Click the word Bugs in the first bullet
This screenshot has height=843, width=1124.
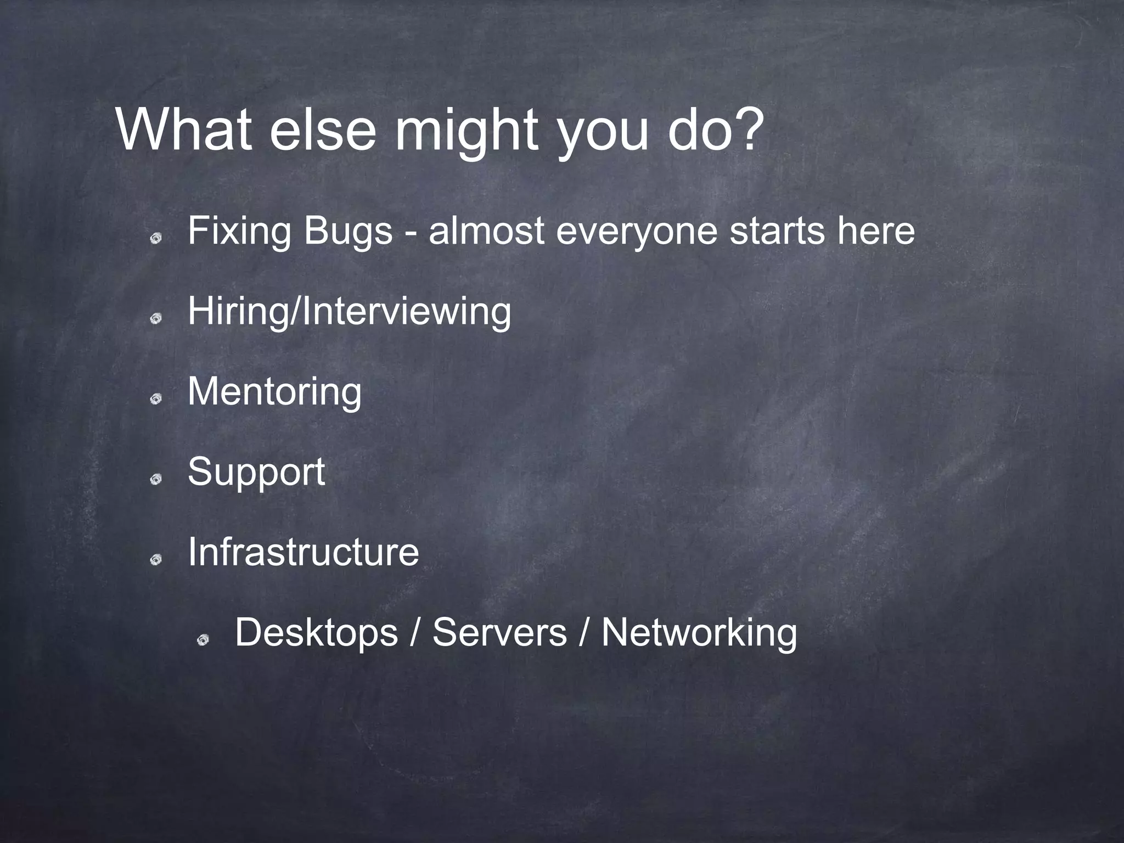tap(348, 232)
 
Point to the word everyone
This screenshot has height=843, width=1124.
tap(637, 232)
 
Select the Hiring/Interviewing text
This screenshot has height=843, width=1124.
tap(349, 312)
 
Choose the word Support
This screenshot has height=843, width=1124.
tap(256, 473)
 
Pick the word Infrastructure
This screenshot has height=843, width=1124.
tap(303, 552)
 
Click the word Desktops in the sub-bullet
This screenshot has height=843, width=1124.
tap(316, 633)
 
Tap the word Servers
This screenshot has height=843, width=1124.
tap(499, 633)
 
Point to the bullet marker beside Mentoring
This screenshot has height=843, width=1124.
tap(156, 399)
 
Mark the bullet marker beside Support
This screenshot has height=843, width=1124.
tap(156, 479)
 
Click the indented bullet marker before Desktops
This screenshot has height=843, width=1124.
tap(203, 639)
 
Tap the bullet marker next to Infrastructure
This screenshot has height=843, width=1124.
tap(156, 559)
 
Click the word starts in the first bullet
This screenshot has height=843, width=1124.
tap(777, 232)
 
